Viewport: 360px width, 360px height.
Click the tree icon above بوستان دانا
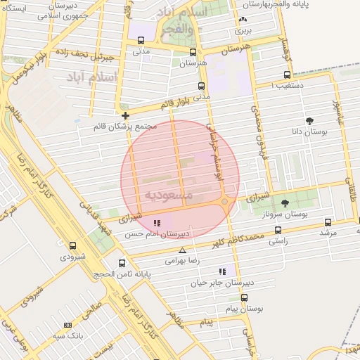[309, 121]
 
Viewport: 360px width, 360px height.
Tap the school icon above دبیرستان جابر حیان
[223, 271]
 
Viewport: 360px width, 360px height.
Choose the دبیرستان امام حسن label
[159, 233]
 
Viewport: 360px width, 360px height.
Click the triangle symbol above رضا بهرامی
[183, 250]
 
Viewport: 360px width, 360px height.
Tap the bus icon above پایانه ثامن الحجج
[122, 264]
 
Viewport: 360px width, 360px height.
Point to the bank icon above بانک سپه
[67, 325]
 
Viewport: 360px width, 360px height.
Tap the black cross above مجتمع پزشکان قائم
[125, 115]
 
